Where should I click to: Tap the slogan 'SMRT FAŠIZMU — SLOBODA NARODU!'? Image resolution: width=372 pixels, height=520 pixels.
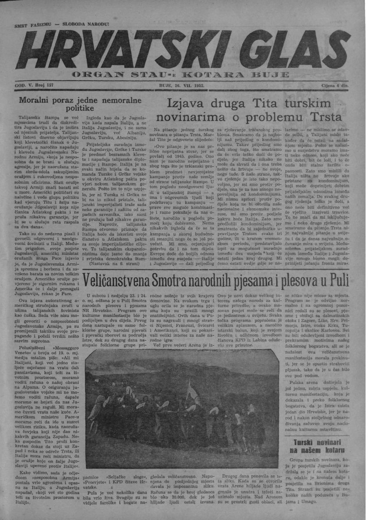pyautogui.click(x=62, y=26)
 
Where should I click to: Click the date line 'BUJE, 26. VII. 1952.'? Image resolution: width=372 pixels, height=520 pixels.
pyautogui.click(x=181, y=86)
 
